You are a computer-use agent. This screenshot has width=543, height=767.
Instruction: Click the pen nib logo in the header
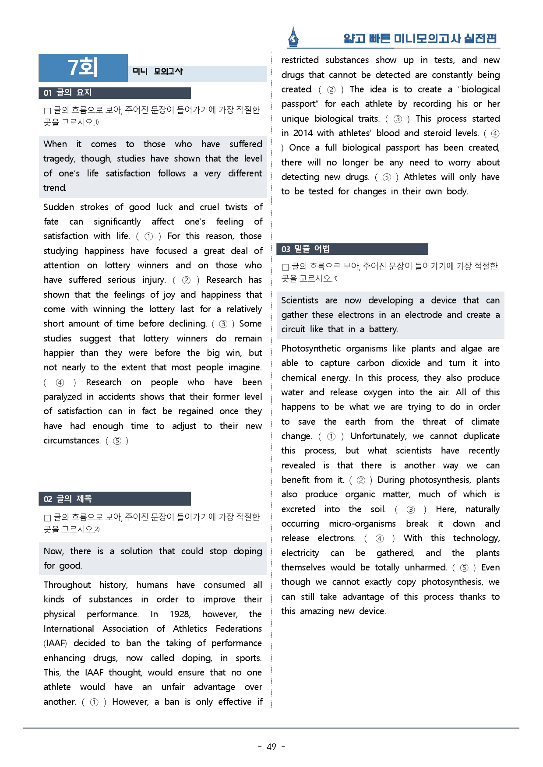point(293,37)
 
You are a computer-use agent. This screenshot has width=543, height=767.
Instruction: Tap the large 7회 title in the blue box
point(83,68)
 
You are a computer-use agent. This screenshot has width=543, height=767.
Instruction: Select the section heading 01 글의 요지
point(67,93)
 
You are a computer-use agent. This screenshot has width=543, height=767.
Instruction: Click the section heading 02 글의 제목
point(67,499)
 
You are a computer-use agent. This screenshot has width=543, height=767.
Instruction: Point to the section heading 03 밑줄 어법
point(305,249)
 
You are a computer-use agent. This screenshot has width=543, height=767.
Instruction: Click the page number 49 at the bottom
point(271,747)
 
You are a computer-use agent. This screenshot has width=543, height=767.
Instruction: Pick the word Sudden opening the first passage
point(59,207)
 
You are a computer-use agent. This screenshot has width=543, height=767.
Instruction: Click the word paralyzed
point(63,397)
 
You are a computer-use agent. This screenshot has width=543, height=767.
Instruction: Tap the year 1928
point(180,614)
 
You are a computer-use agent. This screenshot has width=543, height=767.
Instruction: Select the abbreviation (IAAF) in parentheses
point(55,643)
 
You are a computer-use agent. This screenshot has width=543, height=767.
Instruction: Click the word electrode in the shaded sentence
point(423,315)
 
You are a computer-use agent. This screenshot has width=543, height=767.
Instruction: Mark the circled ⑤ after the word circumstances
point(117,441)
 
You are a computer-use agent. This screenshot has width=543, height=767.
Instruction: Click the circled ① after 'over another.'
point(94,702)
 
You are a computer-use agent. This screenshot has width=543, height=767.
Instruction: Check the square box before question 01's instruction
point(47,111)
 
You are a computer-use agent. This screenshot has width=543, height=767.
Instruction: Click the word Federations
point(239,629)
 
